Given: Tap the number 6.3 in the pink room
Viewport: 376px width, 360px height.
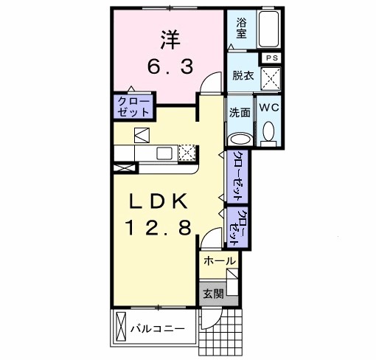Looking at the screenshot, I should tap(168, 66).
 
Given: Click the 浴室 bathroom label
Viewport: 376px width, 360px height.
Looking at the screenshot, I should tap(241, 27).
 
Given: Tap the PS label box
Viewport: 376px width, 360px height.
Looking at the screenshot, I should tap(271, 58).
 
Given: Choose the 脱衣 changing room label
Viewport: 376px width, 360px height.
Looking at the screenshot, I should tap(241, 75).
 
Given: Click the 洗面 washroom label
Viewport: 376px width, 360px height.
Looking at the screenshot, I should tap(240, 113).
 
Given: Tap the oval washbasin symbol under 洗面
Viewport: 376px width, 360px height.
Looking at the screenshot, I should tap(240, 138).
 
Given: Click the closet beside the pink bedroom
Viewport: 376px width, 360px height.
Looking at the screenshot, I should tap(133, 106).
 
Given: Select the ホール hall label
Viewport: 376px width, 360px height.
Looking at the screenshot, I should tap(219, 261).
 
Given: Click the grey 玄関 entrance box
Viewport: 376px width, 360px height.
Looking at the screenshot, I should tap(212, 293).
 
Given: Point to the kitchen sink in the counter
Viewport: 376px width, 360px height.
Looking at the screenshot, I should tap(164, 153).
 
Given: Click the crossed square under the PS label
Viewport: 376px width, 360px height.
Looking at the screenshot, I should tap(271, 77).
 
